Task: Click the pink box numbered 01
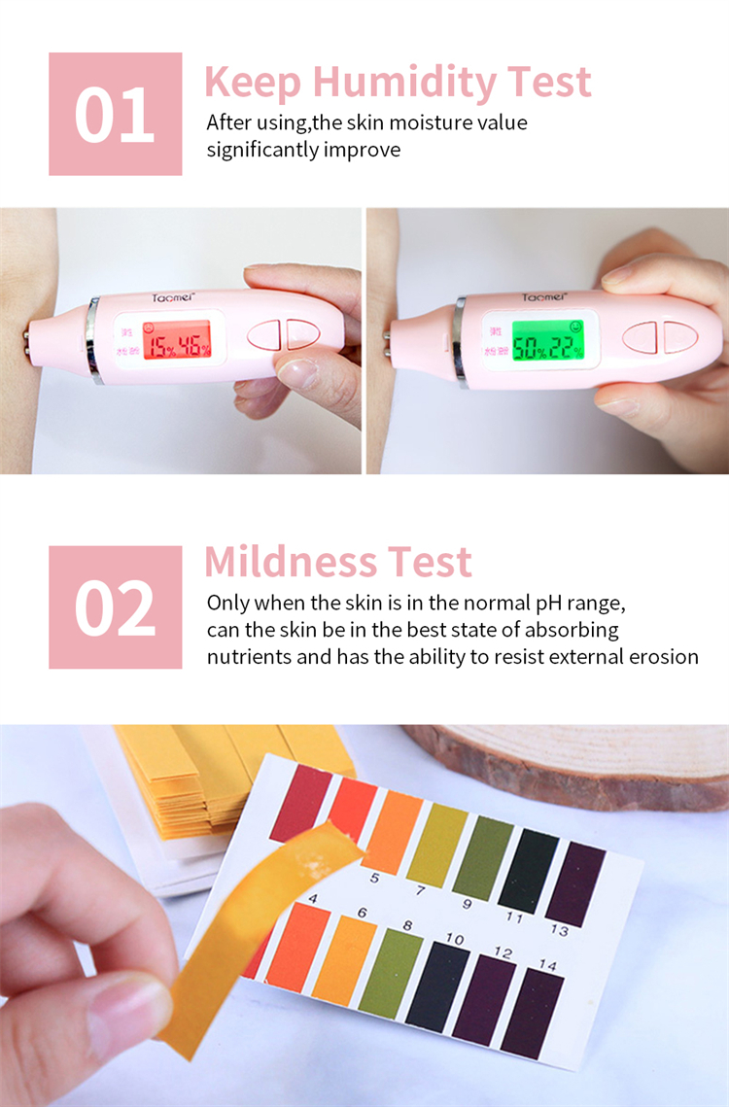(x=115, y=114)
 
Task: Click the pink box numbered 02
(x=115, y=606)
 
